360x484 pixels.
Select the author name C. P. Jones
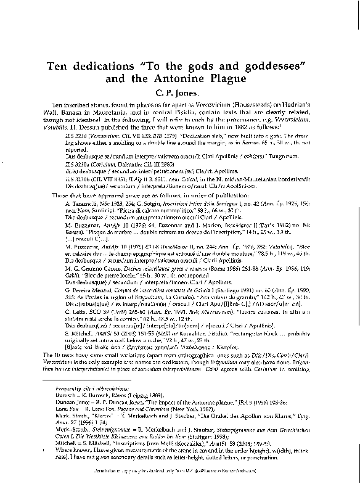[179, 93]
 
